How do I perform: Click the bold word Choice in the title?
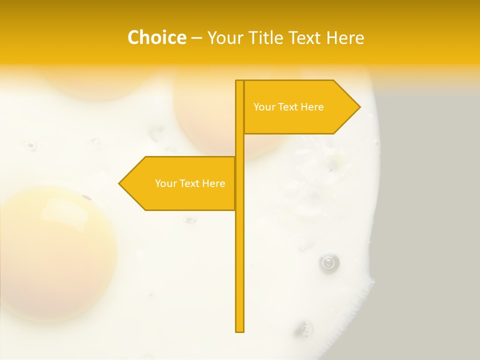pyautogui.click(x=156, y=37)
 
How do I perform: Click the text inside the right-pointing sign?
pyautogui.click(x=288, y=107)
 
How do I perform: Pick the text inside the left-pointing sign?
pyautogui.click(x=190, y=183)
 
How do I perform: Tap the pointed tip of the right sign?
pyautogui.click(x=358, y=106)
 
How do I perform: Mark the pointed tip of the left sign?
pyautogui.click(x=120, y=183)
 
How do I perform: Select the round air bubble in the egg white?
pyautogui.click(x=328, y=262)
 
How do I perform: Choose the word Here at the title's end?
pyautogui.click(x=344, y=37)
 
